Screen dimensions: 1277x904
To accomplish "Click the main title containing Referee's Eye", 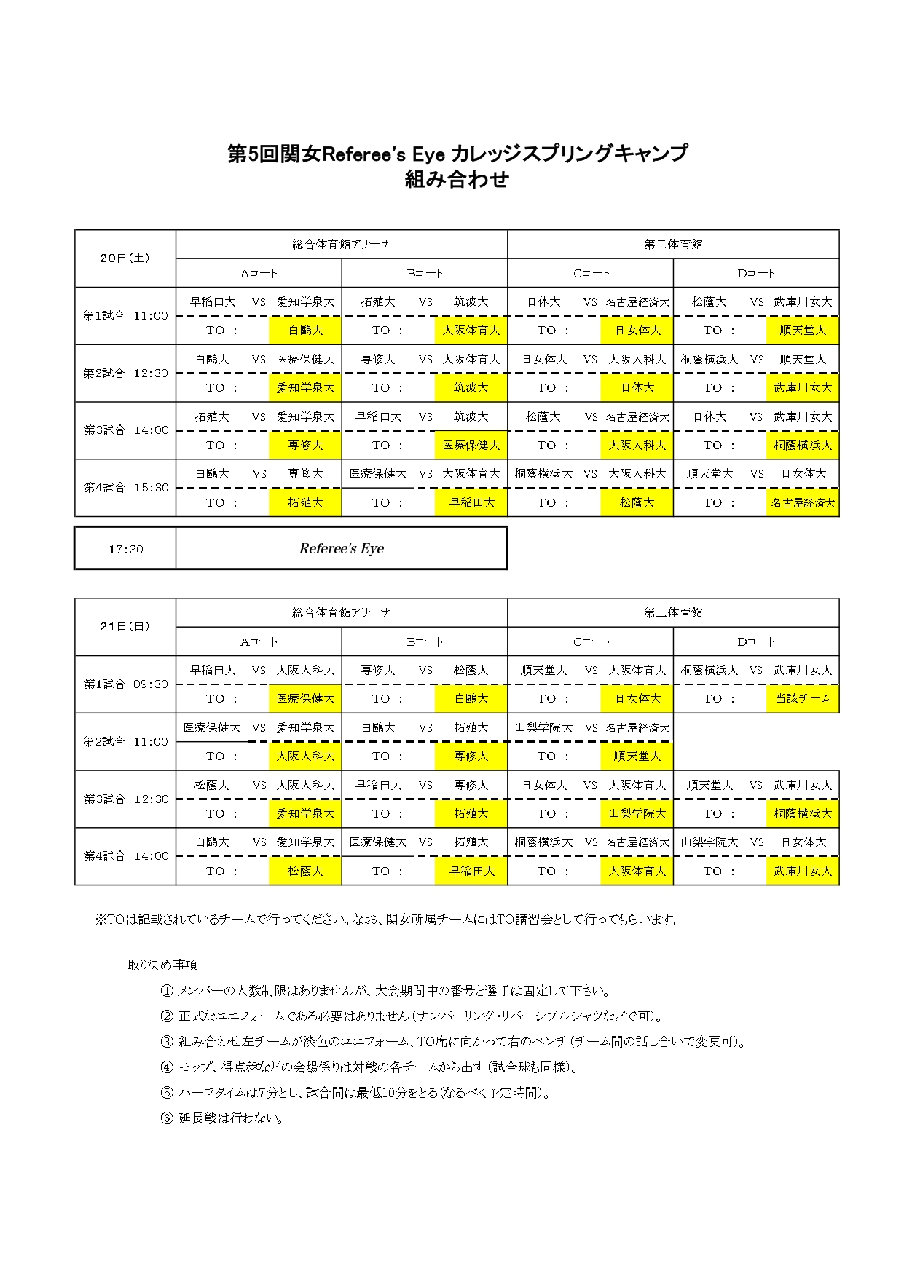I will pyautogui.click(x=457, y=154).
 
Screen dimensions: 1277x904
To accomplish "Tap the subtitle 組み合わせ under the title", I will pyautogui.click(x=457, y=180).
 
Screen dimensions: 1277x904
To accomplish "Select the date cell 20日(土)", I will pyautogui.click(x=125, y=258).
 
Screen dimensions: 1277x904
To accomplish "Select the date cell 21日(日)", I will pyautogui.click(x=125, y=627).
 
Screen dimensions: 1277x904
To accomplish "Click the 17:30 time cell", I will pyautogui.click(x=125, y=549).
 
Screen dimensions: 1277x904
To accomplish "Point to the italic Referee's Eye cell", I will pyautogui.click(x=341, y=548).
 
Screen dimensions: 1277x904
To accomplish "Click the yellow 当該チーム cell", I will pyautogui.click(x=803, y=699).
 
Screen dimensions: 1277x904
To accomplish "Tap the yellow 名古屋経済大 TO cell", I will pyautogui.click(x=803, y=503).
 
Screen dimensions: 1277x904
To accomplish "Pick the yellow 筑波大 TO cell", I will pyautogui.click(x=471, y=388).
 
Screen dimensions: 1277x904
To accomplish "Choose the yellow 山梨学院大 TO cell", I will pyautogui.click(x=637, y=814).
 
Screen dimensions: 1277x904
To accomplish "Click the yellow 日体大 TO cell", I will pyautogui.click(x=637, y=388).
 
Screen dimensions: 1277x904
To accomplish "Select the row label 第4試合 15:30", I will pyautogui.click(x=125, y=488).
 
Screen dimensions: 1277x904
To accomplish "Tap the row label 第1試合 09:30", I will pyautogui.click(x=125, y=684).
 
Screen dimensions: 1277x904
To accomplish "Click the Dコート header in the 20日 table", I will pyautogui.click(x=756, y=274).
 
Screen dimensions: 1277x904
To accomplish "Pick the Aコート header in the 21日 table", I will pyautogui.click(x=259, y=642).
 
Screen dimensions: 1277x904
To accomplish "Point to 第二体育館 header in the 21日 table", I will pyautogui.click(x=673, y=613).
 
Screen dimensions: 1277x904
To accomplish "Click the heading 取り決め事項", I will pyautogui.click(x=162, y=965).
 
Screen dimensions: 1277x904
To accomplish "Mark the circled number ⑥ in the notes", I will pyautogui.click(x=167, y=1118).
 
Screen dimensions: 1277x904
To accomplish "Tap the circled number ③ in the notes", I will pyautogui.click(x=167, y=1042).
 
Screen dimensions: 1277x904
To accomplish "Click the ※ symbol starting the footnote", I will pyautogui.click(x=101, y=920).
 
